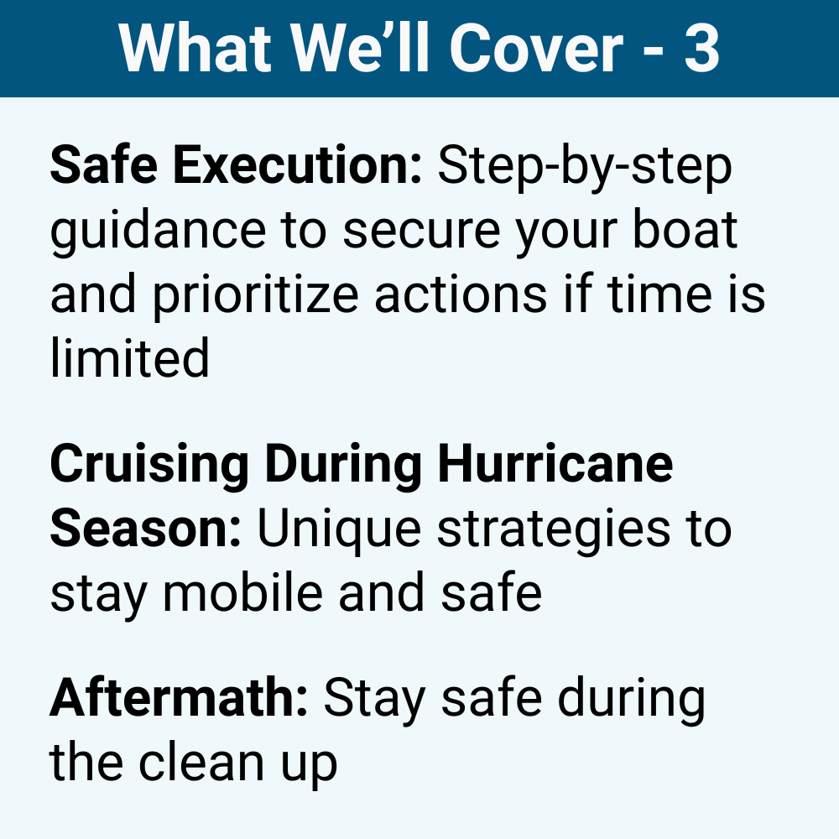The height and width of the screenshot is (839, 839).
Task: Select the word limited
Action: pos(129,358)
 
